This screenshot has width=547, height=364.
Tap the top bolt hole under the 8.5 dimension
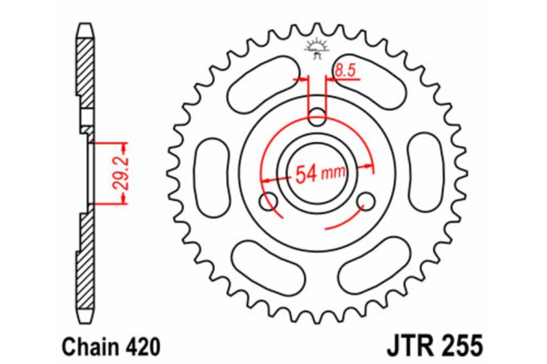coord(317,119)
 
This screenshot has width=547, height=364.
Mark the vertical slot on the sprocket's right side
coord(424,175)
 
